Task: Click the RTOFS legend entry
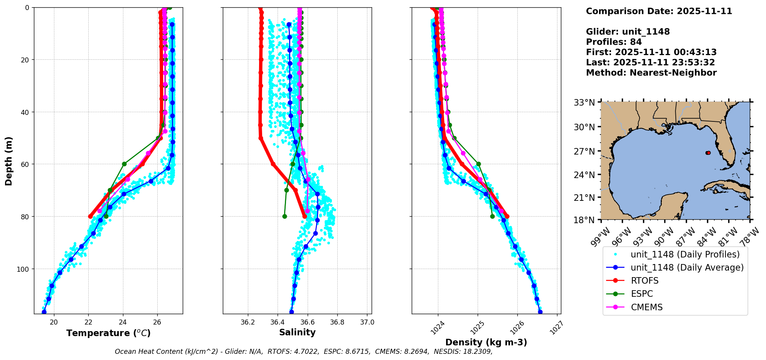point(645,281)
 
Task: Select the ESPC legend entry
point(641,294)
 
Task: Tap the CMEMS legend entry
point(646,307)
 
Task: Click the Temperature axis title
point(108,333)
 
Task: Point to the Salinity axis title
point(297,332)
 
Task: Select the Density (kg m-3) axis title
point(486,342)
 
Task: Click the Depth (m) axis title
point(9,161)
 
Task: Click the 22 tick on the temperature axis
point(88,322)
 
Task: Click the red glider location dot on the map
point(708,153)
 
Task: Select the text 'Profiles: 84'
point(614,42)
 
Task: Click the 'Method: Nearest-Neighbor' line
point(651,72)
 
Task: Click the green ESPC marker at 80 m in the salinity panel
point(285,216)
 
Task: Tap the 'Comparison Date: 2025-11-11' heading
point(659,11)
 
